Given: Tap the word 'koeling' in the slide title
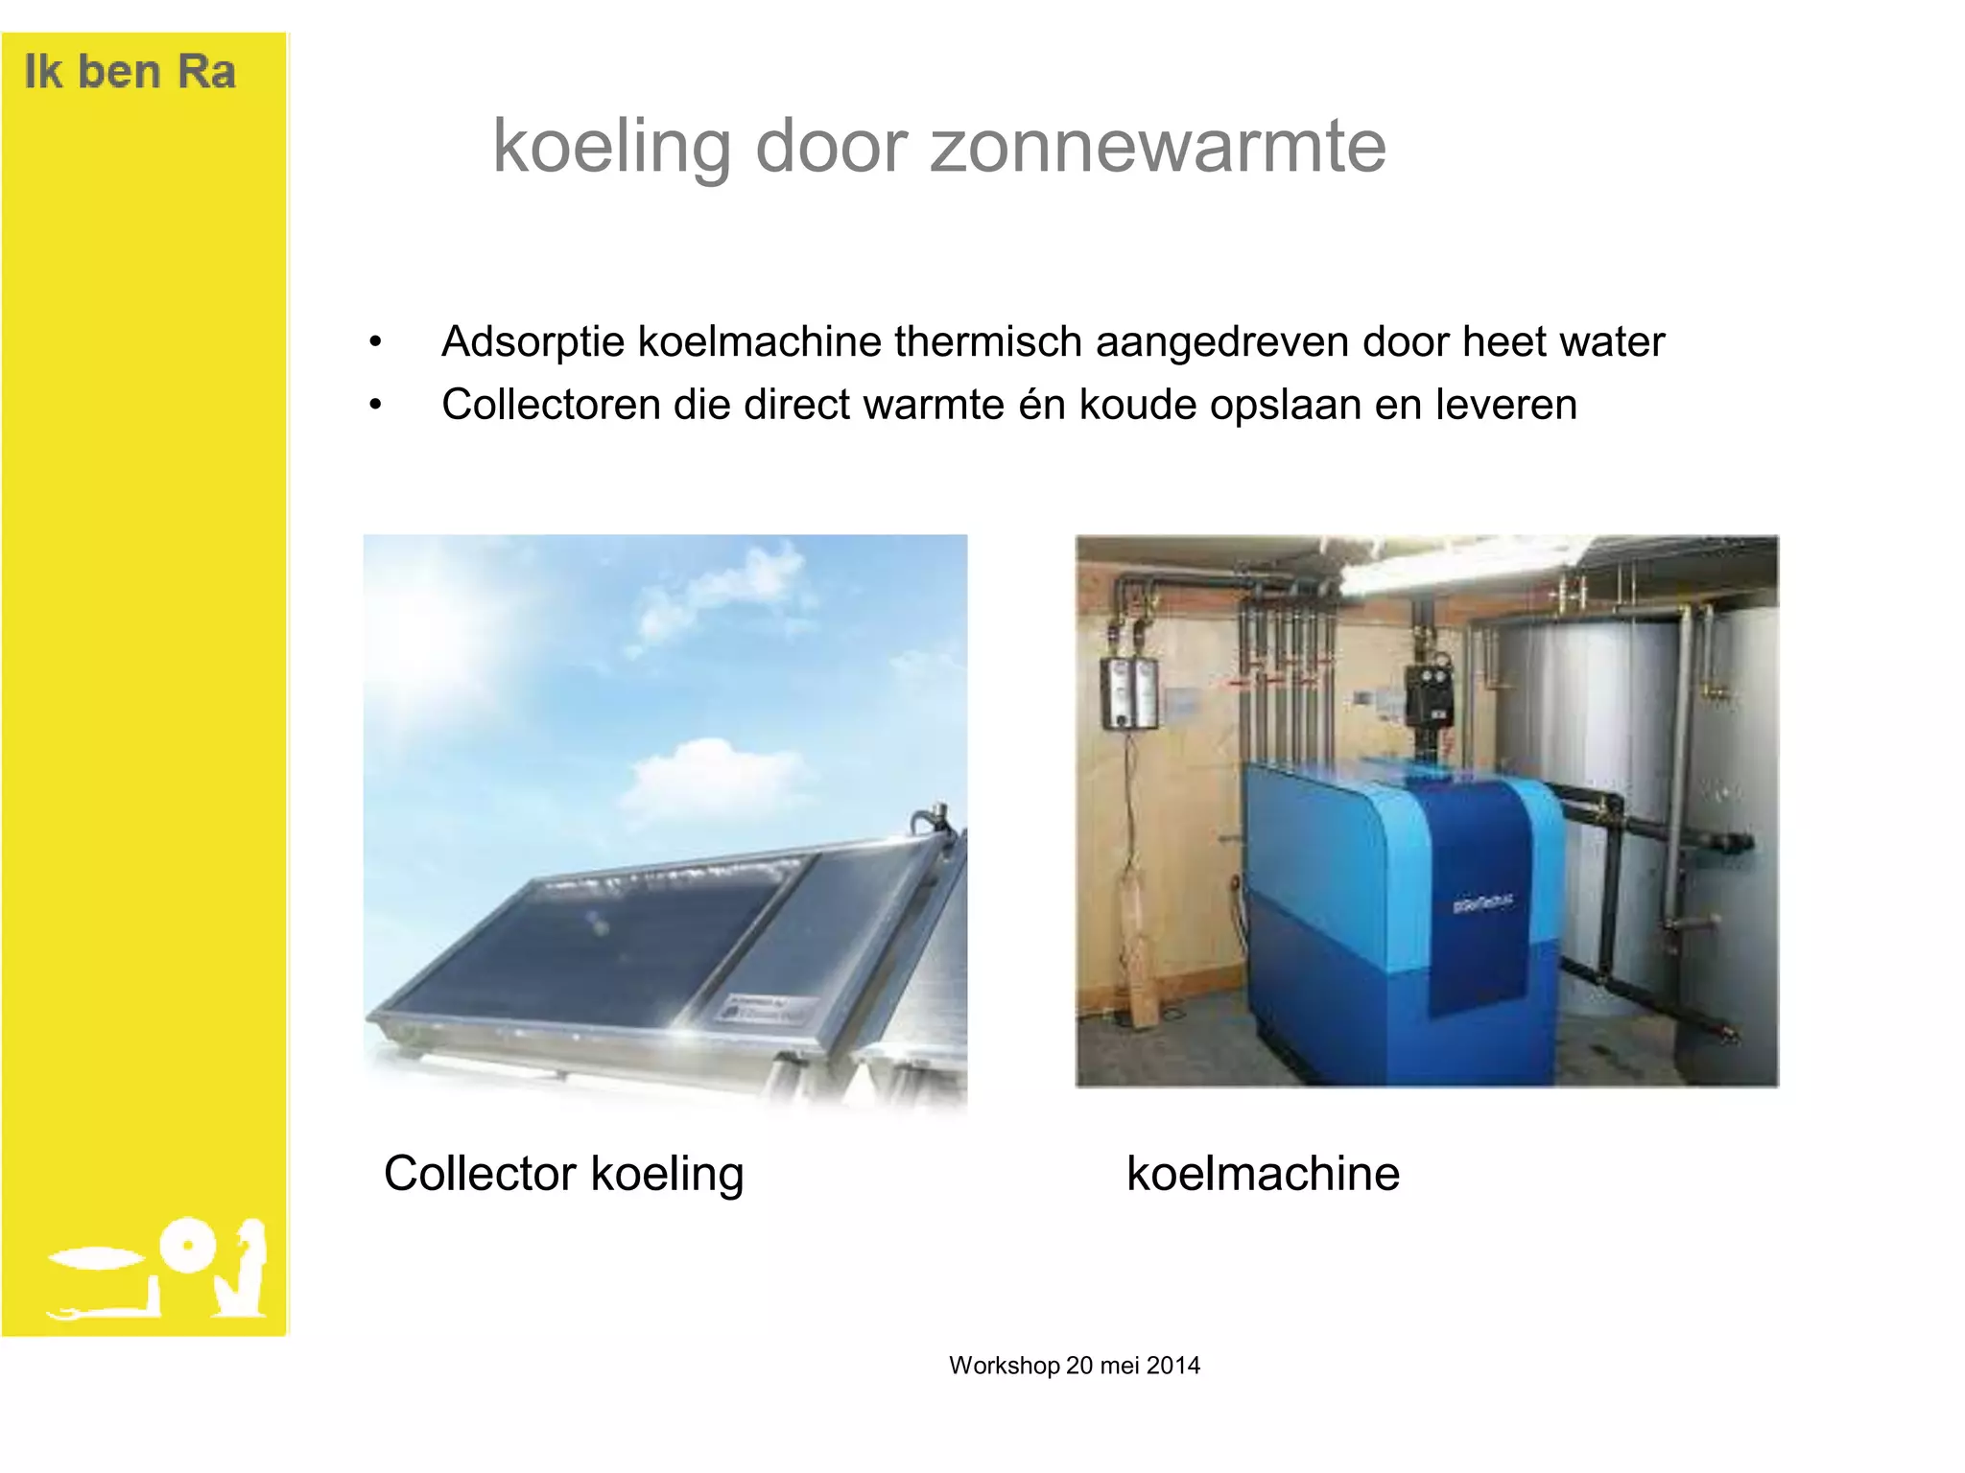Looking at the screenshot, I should [x=611, y=147].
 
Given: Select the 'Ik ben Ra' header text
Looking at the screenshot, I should [x=130, y=72].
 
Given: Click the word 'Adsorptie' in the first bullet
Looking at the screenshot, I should [x=533, y=341].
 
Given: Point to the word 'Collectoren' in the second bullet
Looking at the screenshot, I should [x=551, y=405].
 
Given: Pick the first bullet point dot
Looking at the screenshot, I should [x=375, y=342].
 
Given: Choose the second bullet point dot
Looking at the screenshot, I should [x=375, y=406].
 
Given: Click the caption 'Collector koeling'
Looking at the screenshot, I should [x=563, y=1173].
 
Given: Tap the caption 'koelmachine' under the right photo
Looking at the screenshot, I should [x=1263, y=1173].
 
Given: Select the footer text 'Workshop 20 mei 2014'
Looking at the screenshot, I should [x=1074, y=1365].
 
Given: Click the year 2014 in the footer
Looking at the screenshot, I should [x=1172, y=1365].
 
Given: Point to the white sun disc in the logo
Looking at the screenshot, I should [x=187, y=1246].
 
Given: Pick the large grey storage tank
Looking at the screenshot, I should [x=1631, y=767].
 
